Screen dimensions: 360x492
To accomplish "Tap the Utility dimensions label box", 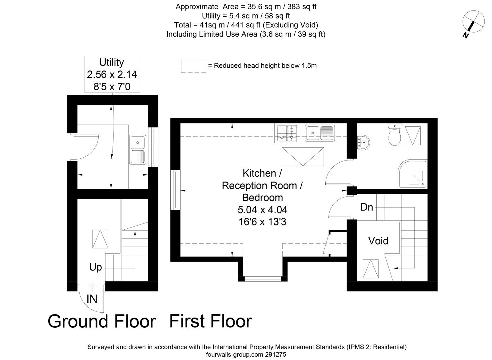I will click(x=112, y=74).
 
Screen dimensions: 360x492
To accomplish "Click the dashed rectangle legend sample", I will click(x=193, y=66).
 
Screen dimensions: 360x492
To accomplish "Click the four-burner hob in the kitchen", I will click(x=287, y=133).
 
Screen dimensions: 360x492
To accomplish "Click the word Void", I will click(x=378, y=241).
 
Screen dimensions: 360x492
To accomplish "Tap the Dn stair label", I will click(x=367, y=207).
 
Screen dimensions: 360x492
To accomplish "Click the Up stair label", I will click(x=96, y=267).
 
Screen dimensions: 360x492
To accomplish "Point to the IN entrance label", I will click(x=92, y=299).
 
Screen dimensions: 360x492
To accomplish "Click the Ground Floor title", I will click(x=101, y=321).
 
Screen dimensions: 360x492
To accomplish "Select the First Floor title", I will click(x=211, y=321).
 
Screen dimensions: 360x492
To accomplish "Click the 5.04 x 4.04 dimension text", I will click(x=262, y=210).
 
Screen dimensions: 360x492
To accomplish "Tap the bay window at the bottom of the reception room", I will click(x=263, y=279).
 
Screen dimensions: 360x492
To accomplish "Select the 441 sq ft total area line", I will click(x=246, y=25).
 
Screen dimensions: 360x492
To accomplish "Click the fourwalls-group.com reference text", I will click(x=246, y=354).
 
